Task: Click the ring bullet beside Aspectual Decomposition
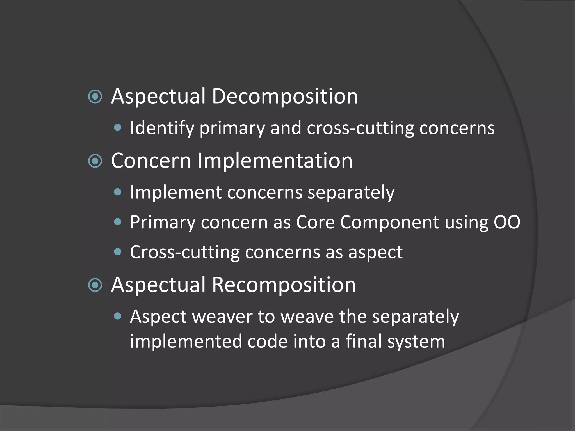point(95,97)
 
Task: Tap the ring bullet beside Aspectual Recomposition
point(95,285)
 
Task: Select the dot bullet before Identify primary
point(118,128)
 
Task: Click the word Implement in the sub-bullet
point(176,193)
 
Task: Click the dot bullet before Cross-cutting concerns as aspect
point(118,252)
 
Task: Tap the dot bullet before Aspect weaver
point(118,317)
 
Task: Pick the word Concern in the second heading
point(151,161)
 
